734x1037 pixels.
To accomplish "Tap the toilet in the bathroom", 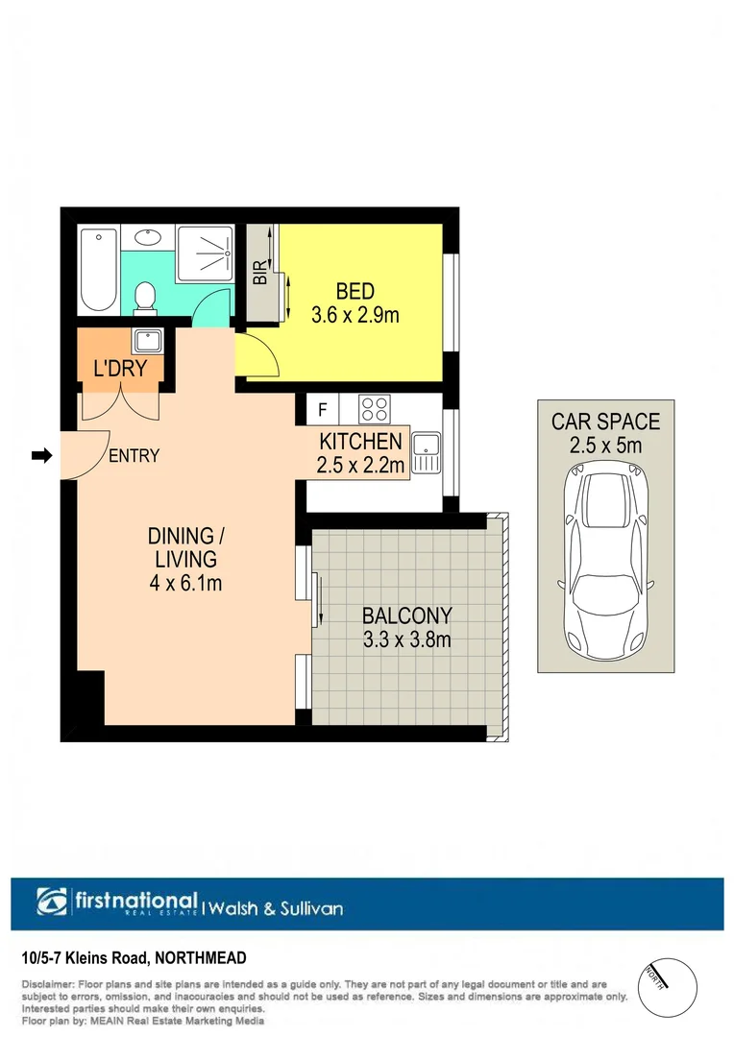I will pos(145,297).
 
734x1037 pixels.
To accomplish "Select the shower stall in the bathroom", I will pos(205,253).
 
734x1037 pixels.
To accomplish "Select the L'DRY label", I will pos(120,370).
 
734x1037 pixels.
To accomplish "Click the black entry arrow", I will pos(40,455).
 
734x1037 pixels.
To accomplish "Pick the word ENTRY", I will pos(134,456).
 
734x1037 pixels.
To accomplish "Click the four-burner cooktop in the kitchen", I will pos(373,409).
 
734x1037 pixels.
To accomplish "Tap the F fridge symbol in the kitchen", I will pos(323,410).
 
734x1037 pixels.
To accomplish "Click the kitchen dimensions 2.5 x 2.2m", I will pos(360,466).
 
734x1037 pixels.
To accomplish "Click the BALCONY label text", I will pos(406,616).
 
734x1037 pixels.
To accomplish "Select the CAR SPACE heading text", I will pos(605,421).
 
